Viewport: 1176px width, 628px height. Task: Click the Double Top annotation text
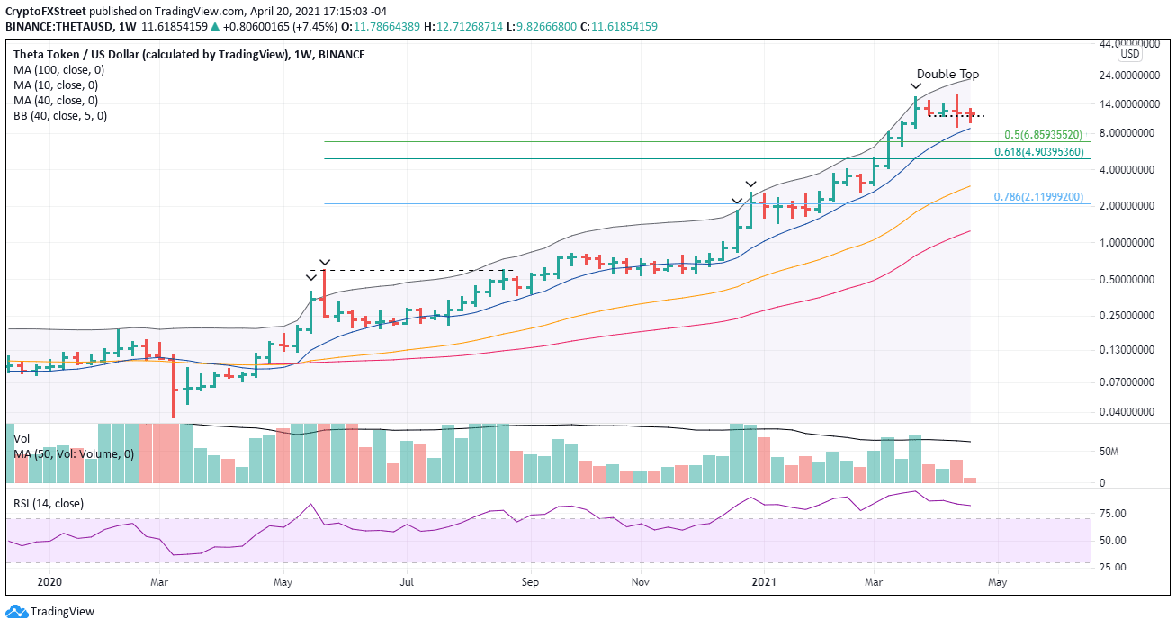(x=947, y=75)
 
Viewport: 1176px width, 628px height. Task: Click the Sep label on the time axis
(x=530, y=582)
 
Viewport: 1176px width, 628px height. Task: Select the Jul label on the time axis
(x=407, y=582)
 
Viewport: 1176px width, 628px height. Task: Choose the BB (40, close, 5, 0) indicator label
(x=60, y=116)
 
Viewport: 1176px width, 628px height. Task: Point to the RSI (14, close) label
(x=49, y=504)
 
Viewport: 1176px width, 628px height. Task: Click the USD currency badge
(x=1129, y=54)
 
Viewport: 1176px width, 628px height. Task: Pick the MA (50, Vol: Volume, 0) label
(x=74, y=454)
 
